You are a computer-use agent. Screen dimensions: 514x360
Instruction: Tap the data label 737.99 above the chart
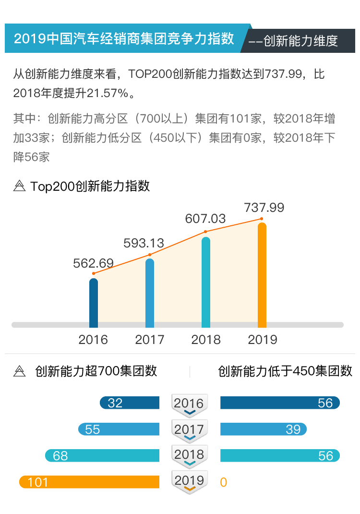[x=264, y=208]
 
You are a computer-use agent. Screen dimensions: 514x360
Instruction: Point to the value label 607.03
[x=205, y=219]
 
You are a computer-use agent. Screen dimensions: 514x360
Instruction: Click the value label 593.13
[x=144, y=243]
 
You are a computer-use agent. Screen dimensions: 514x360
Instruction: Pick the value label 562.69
[x=93, y=263]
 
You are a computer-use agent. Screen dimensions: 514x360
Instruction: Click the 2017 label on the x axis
[x=150, y=340]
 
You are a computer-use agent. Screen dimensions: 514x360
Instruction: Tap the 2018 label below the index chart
[x=206, y=340]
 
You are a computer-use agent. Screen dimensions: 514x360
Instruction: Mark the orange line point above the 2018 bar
[x=205, y=232]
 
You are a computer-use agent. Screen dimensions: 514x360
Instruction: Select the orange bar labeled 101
[x=89, y=482]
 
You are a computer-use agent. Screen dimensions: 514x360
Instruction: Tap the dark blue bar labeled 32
[x=130, y=403]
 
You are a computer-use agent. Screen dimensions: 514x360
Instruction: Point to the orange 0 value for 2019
[x=223, y=482]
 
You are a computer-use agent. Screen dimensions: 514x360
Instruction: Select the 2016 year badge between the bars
[x=189, y=404]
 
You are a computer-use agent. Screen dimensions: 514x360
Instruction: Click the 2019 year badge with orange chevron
[x=189, y=481]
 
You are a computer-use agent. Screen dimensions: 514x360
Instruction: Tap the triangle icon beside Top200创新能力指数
[x=20, y=186]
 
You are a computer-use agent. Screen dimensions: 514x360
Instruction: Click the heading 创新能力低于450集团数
[x=285, y=371]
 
